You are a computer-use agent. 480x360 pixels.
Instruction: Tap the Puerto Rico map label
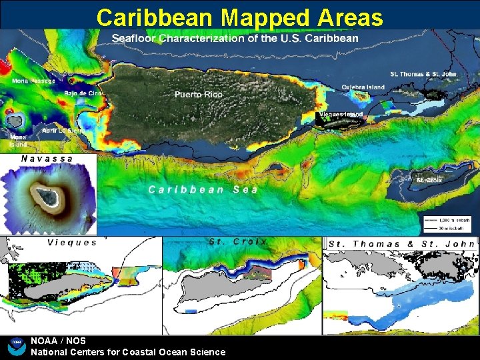tap(198, 95)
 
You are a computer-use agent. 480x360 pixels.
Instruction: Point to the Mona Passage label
tap(33, 81)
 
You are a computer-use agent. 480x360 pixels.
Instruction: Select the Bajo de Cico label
tap(84, 93)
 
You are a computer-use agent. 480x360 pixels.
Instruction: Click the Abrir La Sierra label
tap(63, 131)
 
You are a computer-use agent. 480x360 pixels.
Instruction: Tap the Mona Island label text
tap(18, 141)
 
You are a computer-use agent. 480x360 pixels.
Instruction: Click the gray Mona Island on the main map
tap(15, 120)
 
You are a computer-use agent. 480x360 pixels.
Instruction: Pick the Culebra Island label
tap(363, 87)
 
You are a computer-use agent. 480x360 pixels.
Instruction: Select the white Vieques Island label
tap(341, 114)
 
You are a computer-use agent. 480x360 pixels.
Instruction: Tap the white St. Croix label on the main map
tap(429, 180)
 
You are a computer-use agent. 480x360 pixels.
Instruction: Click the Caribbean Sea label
tap(203, 189)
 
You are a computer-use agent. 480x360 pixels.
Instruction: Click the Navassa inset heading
tap(47, 159)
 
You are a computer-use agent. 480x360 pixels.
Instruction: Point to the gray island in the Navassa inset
tap(47, 196)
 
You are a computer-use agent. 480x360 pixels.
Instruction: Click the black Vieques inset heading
tap(72, 243)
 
